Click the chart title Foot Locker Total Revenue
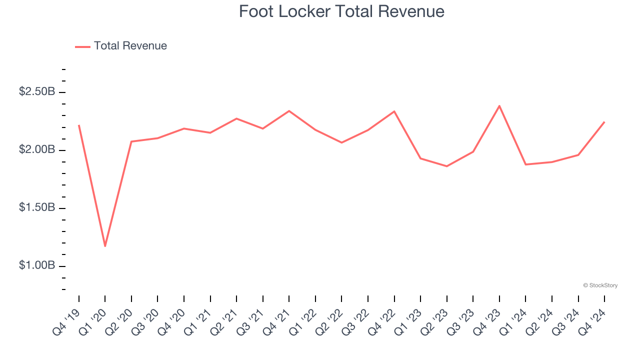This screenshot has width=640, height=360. pos(341,11)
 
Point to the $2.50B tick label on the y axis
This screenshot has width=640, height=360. pos(37,92)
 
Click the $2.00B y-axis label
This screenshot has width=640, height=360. pos(37,150)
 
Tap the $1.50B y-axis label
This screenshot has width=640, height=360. pos(37,207)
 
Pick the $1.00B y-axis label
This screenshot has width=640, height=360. pos(37,265)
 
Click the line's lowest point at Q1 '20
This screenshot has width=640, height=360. pos(105,246)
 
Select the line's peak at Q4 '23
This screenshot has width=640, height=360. pos(499,105)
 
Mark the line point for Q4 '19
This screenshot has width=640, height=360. pos(79,125)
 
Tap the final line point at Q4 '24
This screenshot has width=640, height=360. pos(604,122)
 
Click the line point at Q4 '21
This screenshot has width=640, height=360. pos(289,111)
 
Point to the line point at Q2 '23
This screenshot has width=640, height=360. pos(446,166)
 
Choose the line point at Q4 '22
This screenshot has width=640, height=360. pos(394,111)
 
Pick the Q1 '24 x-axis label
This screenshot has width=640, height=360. pos(513,320)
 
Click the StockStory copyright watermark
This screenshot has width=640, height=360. pos(600,285)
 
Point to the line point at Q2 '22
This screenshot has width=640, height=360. pos(341,142)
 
